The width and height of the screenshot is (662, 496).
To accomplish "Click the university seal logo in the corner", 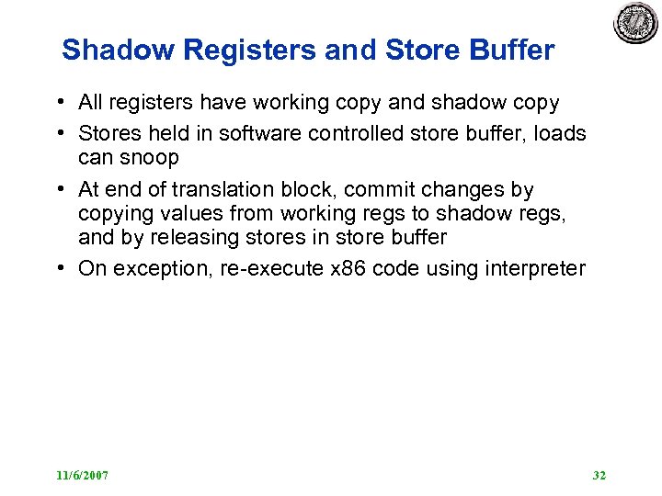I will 636,23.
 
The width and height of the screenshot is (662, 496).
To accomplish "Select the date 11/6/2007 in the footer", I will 82,475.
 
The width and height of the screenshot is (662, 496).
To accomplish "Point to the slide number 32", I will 599,475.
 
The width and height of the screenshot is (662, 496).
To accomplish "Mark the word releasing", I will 193,237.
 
